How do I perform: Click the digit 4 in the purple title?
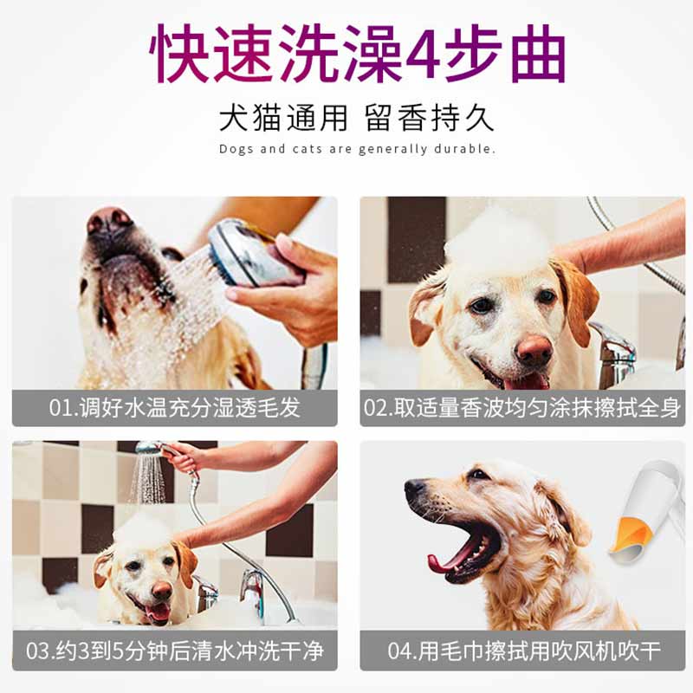click(425, 55)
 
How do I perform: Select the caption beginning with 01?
click(175, 407)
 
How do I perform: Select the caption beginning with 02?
click(522, 407)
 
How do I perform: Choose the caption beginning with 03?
click(175, 651)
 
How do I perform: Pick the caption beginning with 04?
click(524, 651)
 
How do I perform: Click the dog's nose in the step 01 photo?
click(107, 220)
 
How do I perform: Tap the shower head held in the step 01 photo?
click(248, 254)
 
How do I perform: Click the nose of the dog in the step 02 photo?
click(534, 350)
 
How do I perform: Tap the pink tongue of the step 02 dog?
click(525, 381)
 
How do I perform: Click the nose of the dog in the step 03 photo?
click(161, 590)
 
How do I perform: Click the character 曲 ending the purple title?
click(538, 55)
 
